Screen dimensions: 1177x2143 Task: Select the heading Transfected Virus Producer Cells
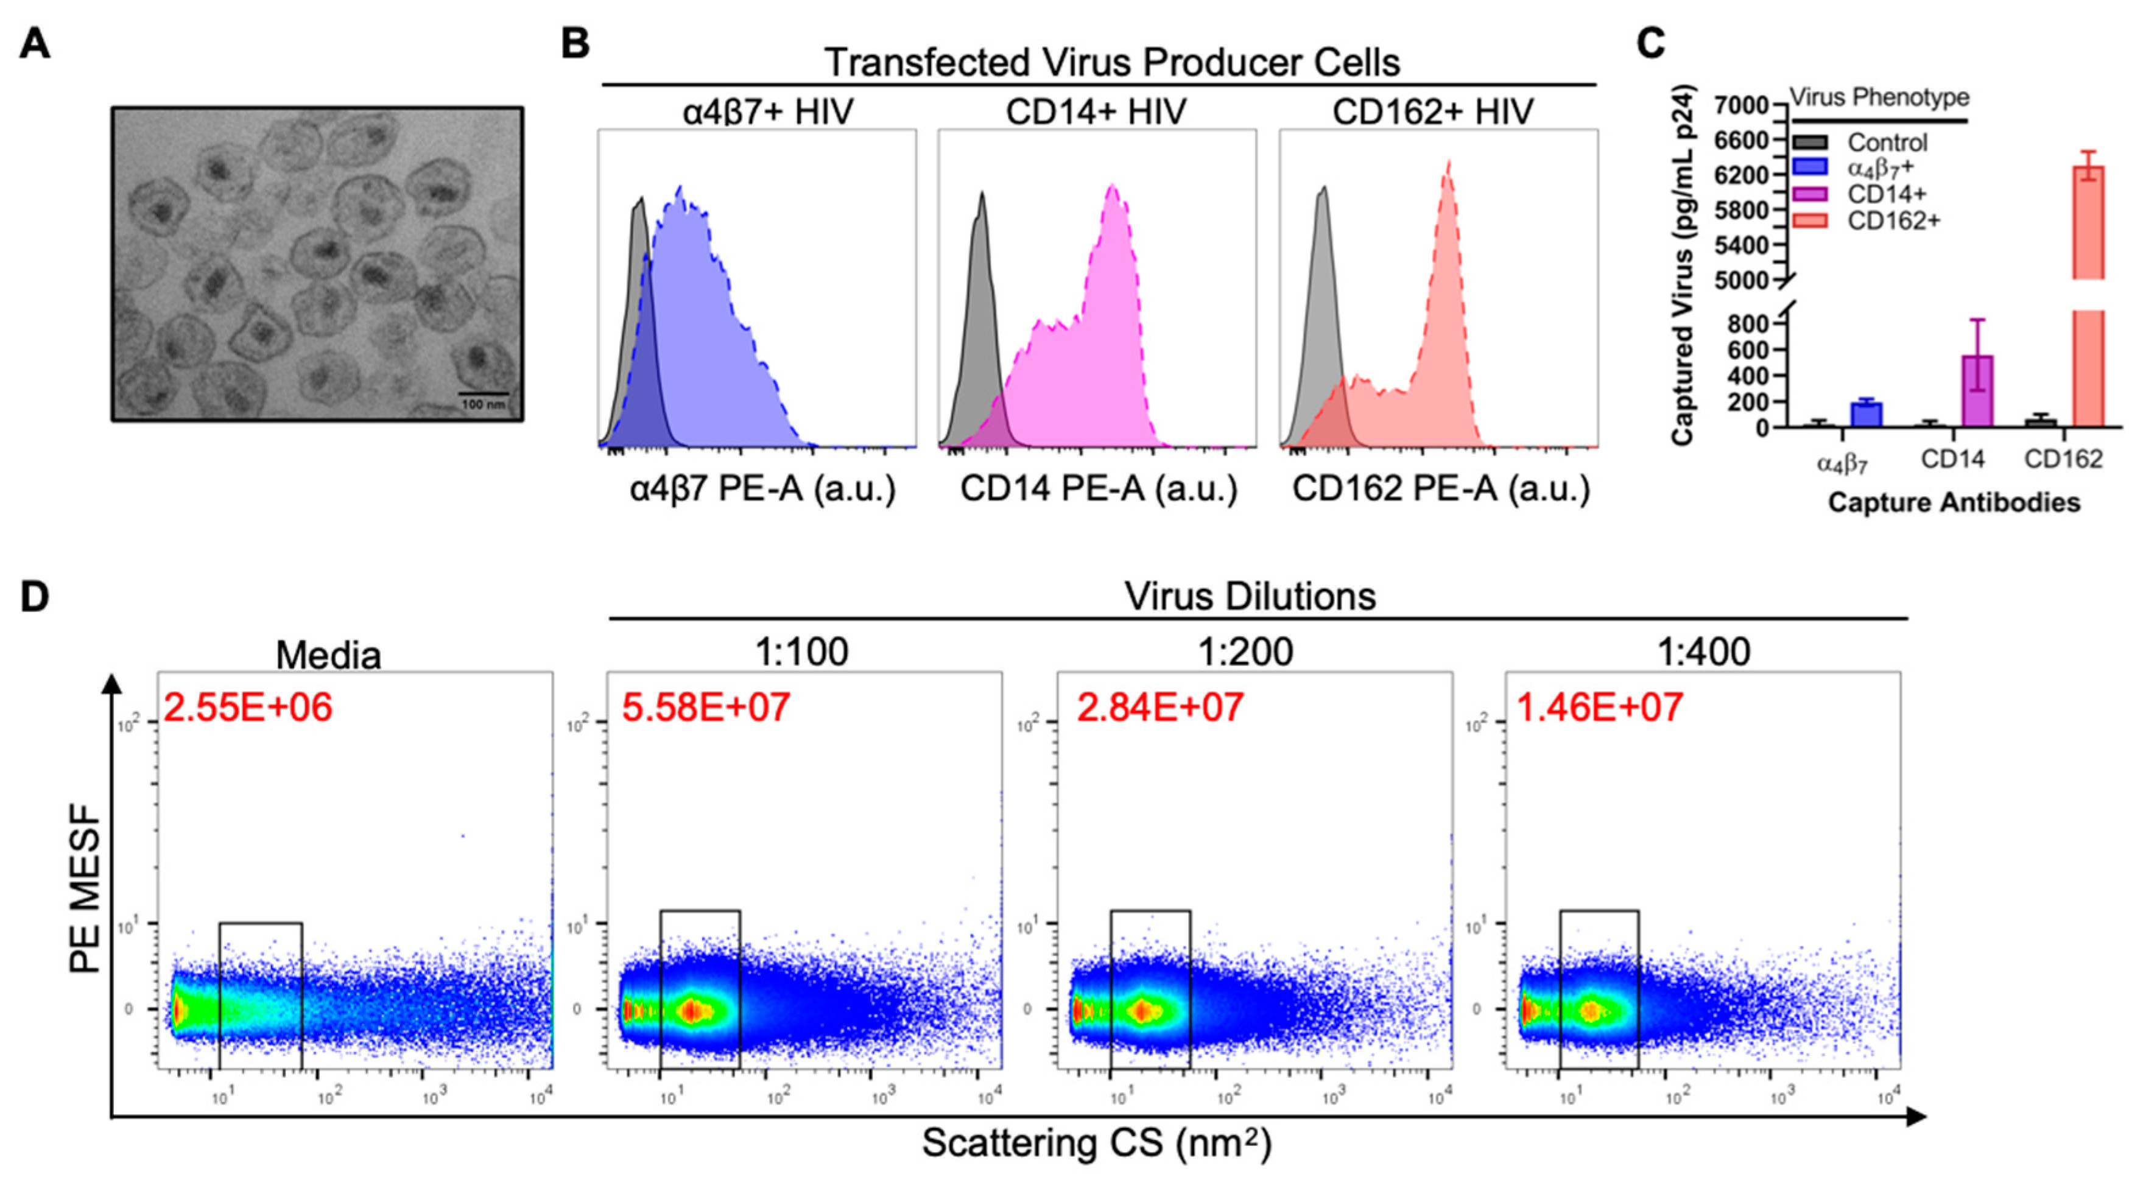point(1111,62)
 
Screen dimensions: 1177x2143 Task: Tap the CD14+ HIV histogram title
point(1096,111)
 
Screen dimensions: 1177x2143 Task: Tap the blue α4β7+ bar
point(1867,414)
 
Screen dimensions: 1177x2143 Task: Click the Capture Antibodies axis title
point(1954,502)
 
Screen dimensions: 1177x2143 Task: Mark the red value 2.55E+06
point(248,707)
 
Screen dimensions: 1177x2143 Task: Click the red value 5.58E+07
point(705,707)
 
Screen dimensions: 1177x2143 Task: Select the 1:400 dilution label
point(1704,652)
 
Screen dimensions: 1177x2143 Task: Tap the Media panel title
point(329,655)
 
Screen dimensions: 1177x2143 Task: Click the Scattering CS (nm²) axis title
point(1096,1144)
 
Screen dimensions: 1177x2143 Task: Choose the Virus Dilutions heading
point(1250,596)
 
